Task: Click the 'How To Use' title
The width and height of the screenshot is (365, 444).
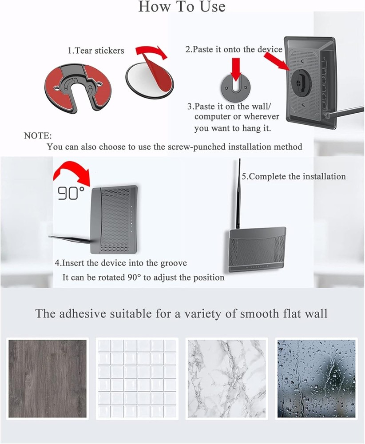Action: tap(182, 7)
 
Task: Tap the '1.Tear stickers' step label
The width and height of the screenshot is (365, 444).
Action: tap(96, 51)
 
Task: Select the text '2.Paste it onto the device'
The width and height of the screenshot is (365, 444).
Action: tap(234, 49)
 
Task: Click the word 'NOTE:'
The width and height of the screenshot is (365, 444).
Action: tap(38, 135)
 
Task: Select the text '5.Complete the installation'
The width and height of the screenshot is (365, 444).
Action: tap(294, 176)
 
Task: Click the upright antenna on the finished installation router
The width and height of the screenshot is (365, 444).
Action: tap(238, 195)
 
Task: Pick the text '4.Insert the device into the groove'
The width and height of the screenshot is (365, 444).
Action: tap(121, 263)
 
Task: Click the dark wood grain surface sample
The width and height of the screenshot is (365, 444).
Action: tap(48, 379)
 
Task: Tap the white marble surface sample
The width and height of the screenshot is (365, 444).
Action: tap(226, 379)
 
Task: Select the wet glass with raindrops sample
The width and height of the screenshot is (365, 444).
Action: tap(316, 379)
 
